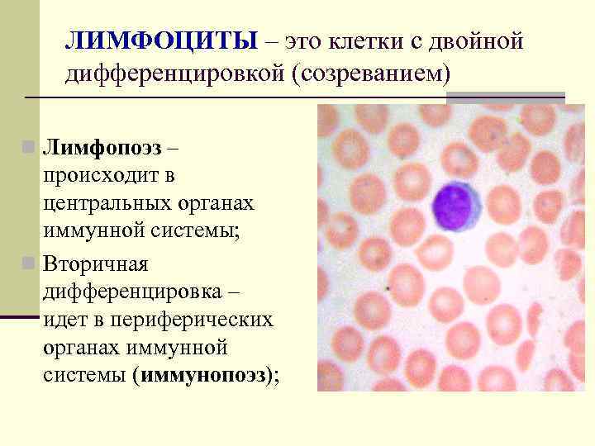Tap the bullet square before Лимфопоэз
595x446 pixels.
click(x=29, y=149)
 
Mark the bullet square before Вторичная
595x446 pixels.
click(x=29, y=263)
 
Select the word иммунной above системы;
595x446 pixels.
click(x=91, y=233)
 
